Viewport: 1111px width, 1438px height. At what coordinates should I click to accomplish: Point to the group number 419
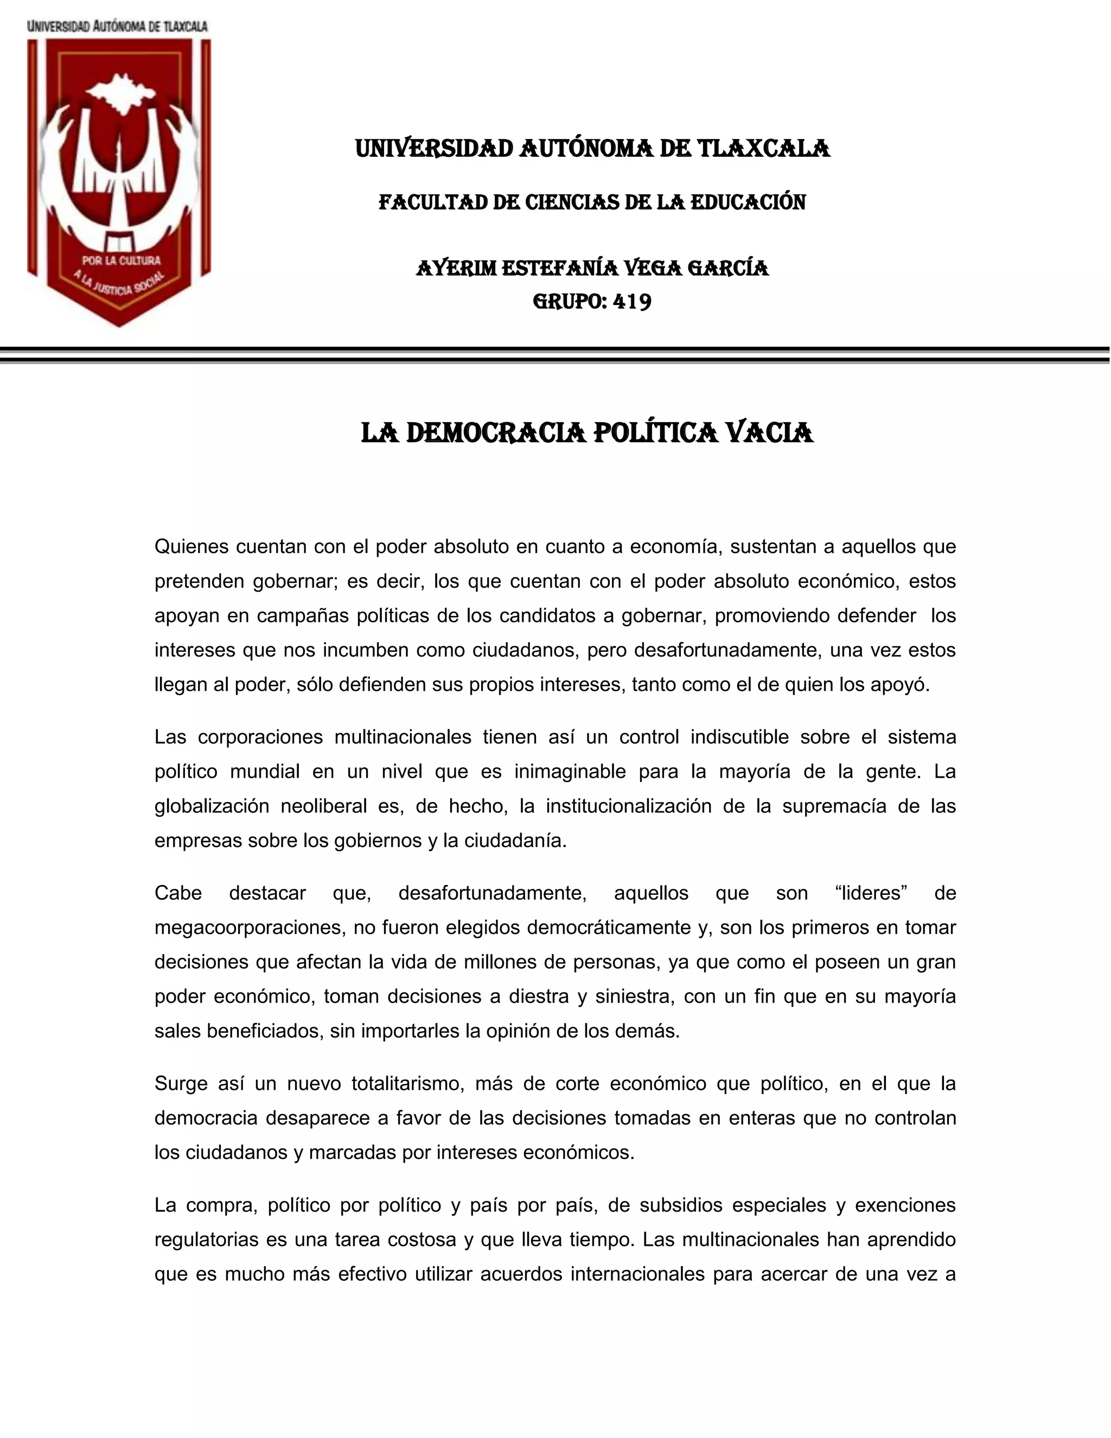point(632,302)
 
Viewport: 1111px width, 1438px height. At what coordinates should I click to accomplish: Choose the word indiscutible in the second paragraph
point(739,737)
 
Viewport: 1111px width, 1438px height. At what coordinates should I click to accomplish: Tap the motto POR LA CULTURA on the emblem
point(121,260)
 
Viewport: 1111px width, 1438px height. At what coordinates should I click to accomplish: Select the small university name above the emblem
point(117,27)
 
